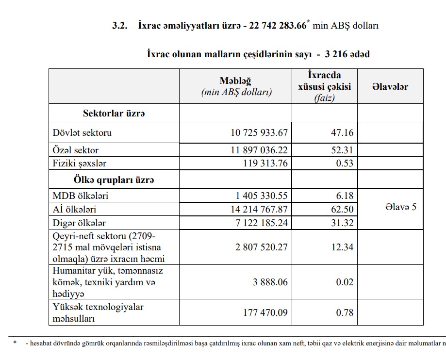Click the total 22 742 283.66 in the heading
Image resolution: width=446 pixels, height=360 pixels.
pyautogui.click(x=278, y=26)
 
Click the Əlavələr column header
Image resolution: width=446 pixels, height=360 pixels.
pyautogui.click(x=390, y=87)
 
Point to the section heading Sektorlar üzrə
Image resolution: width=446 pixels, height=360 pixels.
pyautogui.click(x=114, y=114)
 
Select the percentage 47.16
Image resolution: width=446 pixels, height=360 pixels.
pyautogui.click(x=342, y=132)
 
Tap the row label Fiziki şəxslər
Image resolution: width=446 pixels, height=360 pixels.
pyautogui.click(x=80, y=163)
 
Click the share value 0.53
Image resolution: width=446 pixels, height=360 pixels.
pyautogui.click(x=345, y=163)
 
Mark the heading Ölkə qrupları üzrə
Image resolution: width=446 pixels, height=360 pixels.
pyautogui.click(x=114, y=180)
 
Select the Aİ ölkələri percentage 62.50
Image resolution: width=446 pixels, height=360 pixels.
pyautogui.click(x=342, y=210)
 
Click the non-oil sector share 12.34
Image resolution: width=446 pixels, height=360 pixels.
pyautogui.click(x=342, y=247)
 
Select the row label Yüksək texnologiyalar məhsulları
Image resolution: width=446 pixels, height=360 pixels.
pyautogui.click(x=98, y=312)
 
